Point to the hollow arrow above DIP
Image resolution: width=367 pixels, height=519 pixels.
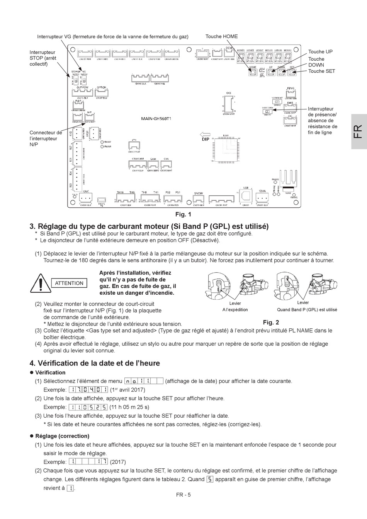pos(205,134)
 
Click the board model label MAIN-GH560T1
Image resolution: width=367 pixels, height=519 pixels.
pos(156,119)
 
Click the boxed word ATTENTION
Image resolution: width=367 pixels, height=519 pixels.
pos(69,283)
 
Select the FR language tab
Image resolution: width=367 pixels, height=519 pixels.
pos(358,131)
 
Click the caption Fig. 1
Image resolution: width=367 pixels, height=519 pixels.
pos(183,214)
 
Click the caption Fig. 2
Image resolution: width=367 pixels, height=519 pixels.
pos(271,322)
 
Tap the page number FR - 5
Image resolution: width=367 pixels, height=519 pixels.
pos(183,495)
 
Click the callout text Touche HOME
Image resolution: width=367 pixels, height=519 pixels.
pos(222,36)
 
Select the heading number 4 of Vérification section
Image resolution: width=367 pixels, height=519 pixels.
pos(32,363)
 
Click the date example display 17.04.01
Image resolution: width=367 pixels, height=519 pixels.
pos(88,390)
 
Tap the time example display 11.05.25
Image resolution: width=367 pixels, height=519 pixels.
pos(88,407)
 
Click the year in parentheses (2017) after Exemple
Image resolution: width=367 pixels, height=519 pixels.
pos(118,462)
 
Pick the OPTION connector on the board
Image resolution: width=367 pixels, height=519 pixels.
pos(101,93)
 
